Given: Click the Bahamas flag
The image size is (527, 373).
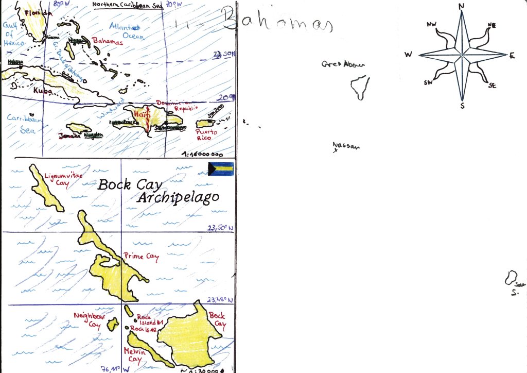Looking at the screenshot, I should point(221,169).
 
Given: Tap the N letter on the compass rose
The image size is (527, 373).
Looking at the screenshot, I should point(462,6).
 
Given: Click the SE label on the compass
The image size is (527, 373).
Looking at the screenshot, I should point(493,86).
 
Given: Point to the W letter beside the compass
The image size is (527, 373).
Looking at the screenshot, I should point(408,55).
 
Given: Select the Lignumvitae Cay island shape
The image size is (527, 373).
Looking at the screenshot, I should point(46,188).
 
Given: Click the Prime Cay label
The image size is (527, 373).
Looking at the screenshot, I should point(141,257).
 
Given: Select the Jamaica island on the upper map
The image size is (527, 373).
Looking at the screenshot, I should point(78,128).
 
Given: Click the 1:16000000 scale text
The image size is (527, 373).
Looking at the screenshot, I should point(202,154).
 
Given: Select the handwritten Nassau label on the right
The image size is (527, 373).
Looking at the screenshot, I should point(346,146).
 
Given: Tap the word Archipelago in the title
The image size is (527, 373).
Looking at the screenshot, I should point(178,197).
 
